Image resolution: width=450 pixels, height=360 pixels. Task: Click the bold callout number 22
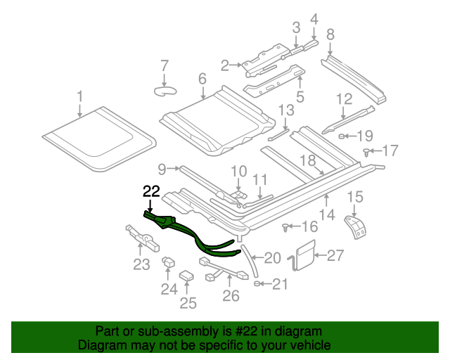click(x=151, y=191)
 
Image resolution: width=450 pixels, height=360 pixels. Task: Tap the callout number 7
click(x=165, y=66)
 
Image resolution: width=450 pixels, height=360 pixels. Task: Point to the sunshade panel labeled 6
click(x=217, y=120)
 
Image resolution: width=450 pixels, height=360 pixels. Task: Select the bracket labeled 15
click(x=356, y=226)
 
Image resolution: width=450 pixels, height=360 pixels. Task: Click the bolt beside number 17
click(x=367, y=150)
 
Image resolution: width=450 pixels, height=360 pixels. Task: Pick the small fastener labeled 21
click(x=259, y=283)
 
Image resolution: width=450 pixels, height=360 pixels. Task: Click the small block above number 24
click(x=169, y=263)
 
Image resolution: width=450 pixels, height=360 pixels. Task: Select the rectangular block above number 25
click(x=187, y=276)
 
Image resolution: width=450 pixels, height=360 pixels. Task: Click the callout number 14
click(x=326, y=214)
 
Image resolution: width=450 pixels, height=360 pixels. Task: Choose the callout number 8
click(x=330, y=34)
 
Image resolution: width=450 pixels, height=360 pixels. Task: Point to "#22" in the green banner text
click(x=248, y=331)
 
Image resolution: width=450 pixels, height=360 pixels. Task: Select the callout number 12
click(x=343, y=99)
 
